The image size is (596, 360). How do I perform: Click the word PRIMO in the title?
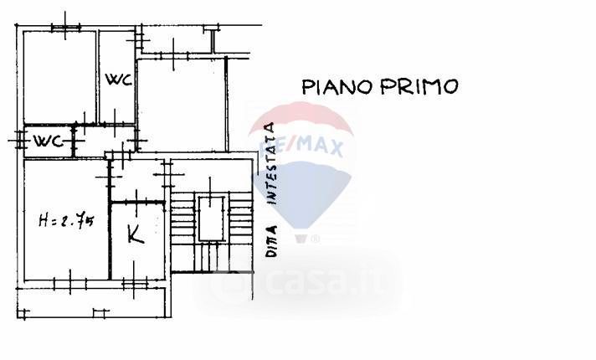(x=418, y=86)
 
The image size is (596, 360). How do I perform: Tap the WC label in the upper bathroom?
(x=116, y=80)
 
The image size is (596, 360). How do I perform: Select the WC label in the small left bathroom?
(x=48, y=141)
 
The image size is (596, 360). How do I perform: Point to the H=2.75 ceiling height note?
(x=66, y=222)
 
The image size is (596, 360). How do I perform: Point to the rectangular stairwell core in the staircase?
(x=211, y=217)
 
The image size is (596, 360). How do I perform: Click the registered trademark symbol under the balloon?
(x=316, y=239)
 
